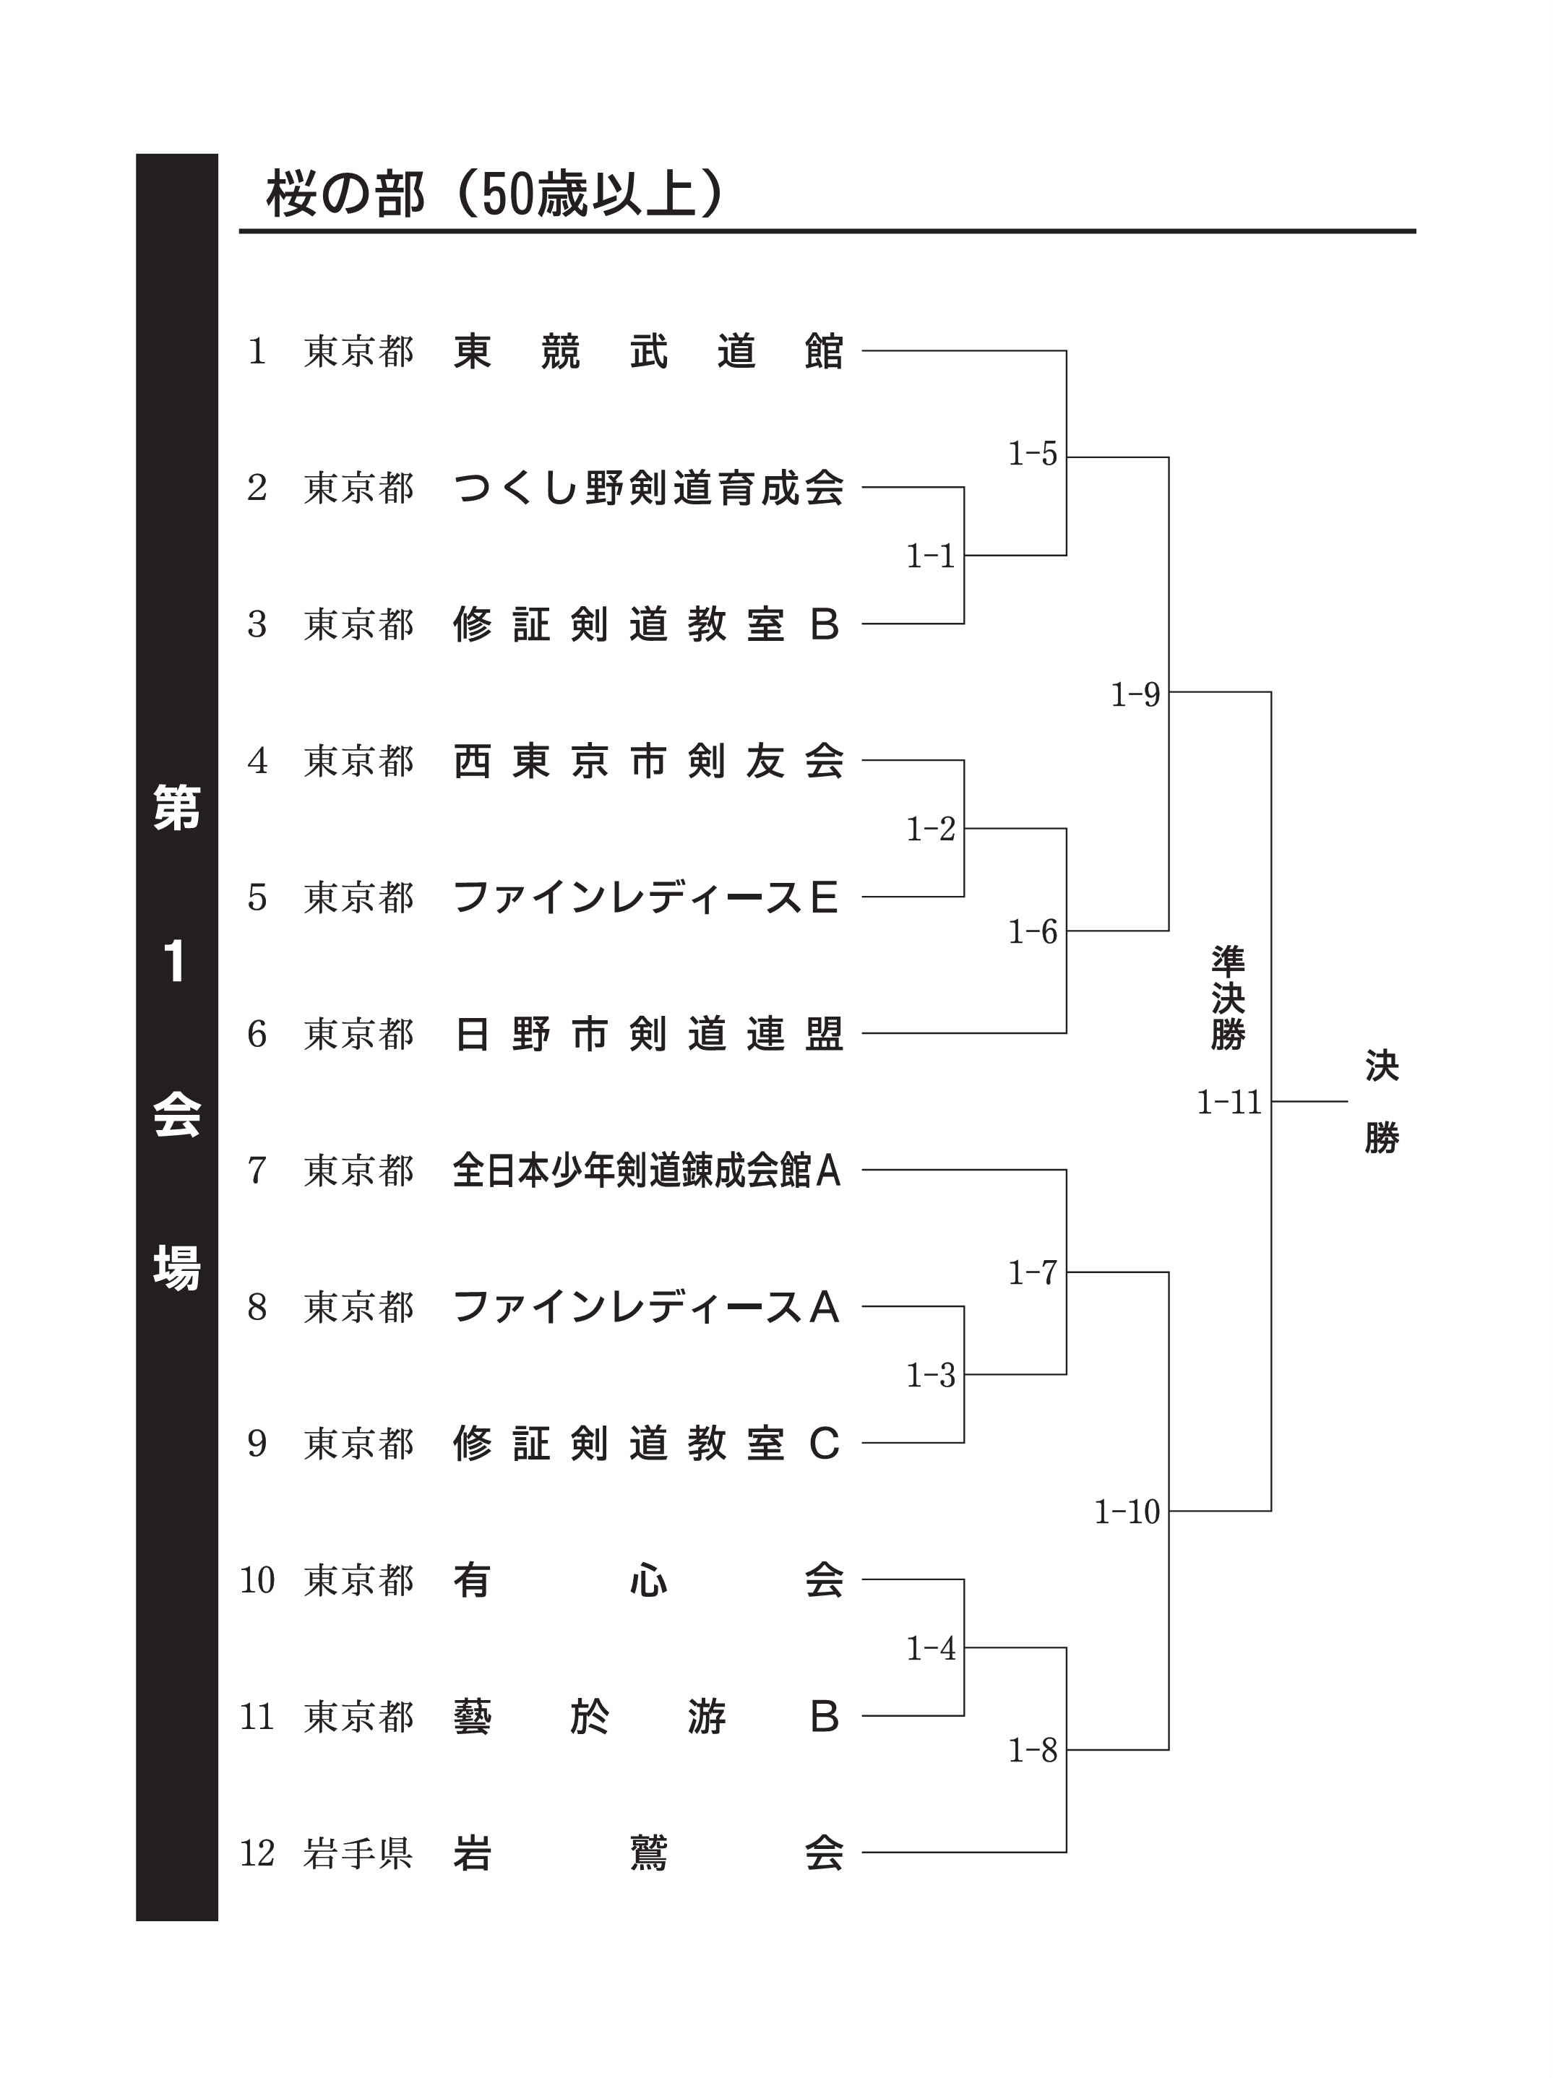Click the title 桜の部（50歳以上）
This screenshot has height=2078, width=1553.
tap(495, 194)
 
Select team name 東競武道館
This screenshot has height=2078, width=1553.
tap(648, 351)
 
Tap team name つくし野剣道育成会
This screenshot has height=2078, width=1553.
tap(648, 488)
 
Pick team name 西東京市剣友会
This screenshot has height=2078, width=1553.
tap(648, 761)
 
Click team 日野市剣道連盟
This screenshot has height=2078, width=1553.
tap(648, 1033)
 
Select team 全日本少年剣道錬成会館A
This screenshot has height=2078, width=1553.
tap(646, 1171)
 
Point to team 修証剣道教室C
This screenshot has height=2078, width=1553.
tap(646, 1443)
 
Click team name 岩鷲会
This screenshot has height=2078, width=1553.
tap(648, 1853)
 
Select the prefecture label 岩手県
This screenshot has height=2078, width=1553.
tap(358, 1853)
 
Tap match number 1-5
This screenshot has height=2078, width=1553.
tap(1033, 454)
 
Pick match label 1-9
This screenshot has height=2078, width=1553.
tap(1135, 695)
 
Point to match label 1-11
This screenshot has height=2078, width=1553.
tap(1228, 1102)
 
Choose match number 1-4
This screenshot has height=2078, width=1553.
tap(930, 1648)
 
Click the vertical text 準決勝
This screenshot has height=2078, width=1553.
tap(1227, 998)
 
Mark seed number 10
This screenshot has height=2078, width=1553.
tap(257, 1580)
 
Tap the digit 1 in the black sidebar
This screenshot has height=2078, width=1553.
tap(175, 962)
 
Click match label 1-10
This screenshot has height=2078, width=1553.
tap(1127, 1512)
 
